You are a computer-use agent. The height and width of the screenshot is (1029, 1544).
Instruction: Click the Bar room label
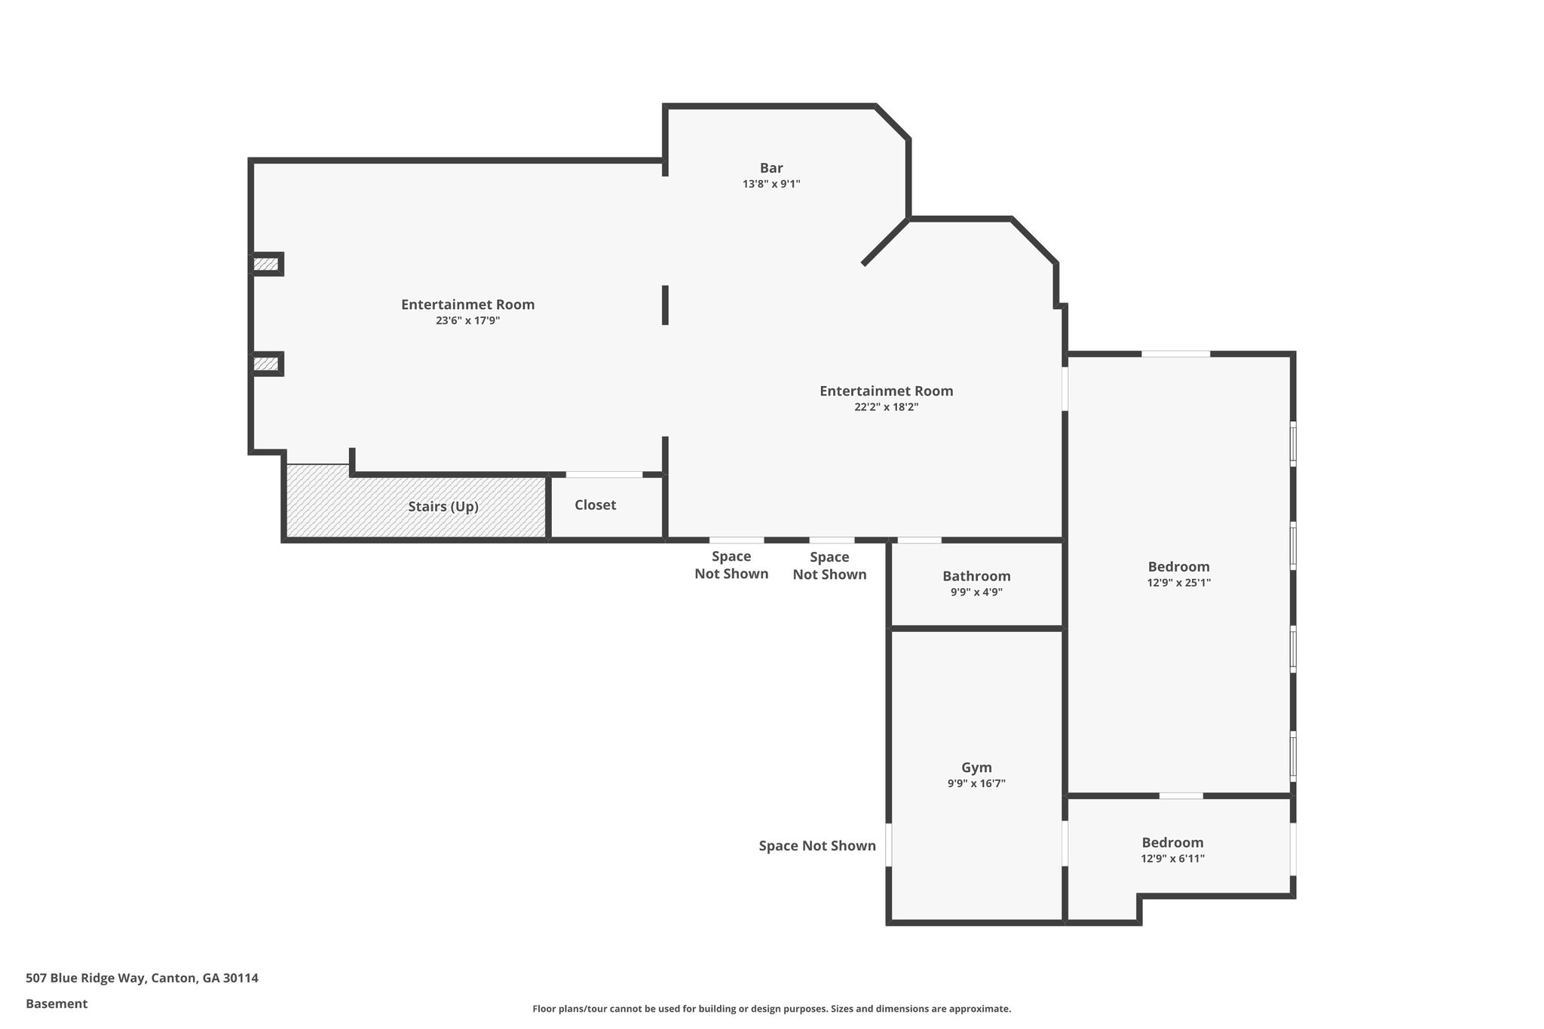770,168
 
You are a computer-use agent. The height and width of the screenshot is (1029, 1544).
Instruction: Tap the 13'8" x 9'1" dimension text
770,184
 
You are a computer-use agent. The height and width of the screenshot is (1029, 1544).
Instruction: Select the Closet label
595,505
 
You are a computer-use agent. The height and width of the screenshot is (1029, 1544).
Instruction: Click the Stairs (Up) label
443,507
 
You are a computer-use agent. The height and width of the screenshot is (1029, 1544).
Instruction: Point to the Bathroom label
976,576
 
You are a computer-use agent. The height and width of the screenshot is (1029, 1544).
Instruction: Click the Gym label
976,767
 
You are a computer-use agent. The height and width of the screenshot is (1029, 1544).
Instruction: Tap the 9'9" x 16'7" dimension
976,784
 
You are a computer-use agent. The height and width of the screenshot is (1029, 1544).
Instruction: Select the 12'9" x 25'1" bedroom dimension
1178,583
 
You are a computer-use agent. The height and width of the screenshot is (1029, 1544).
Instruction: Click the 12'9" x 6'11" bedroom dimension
1172,859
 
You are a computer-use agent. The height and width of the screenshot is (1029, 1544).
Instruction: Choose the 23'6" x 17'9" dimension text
467,320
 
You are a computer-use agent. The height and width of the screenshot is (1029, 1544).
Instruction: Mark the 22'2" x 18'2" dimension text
886,407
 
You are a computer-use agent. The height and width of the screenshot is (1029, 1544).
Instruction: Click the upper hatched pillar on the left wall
265,265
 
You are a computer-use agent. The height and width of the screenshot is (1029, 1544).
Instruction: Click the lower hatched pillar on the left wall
265,364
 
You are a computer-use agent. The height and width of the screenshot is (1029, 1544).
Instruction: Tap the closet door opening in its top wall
604,474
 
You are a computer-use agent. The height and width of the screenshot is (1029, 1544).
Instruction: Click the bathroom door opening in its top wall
919,540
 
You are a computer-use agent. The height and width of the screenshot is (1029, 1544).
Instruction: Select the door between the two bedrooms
1181,795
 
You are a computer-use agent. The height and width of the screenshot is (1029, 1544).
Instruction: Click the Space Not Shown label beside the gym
817,846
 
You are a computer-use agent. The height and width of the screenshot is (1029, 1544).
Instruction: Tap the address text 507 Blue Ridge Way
142,978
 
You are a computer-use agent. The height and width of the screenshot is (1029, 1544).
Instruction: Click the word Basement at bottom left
57,1004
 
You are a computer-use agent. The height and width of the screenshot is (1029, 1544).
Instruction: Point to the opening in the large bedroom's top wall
1175,354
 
